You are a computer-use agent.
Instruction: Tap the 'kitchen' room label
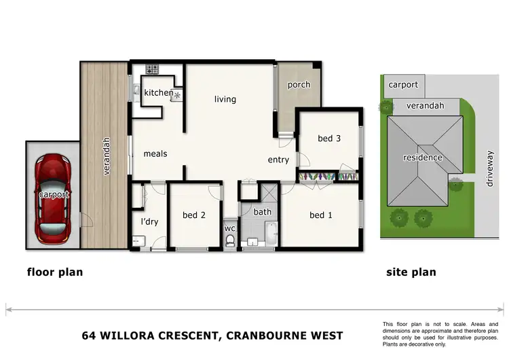click(x=158, y=93)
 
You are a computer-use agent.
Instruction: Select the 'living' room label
click(x=225, y=99)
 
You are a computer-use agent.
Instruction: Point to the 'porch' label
click(x=299, y=85)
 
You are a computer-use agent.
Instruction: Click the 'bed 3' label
click(x=329, y=139)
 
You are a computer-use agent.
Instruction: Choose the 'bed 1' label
click(x=321, y=215)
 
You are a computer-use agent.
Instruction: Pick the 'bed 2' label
click(x=194, y=215)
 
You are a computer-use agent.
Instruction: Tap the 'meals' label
click(x=155, y=154)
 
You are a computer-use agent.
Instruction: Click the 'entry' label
click(x=278, y=160)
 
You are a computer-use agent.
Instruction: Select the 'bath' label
click(x=263, y=212)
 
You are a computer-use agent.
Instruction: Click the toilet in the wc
click(x=230, y=241)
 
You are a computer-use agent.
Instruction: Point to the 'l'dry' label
click(x=149, y=222)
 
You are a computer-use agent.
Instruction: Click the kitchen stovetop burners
click(x=150, y=69)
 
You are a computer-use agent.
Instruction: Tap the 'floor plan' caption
click(x=55, y=272)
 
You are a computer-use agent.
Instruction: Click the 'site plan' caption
click(x=411, y=272)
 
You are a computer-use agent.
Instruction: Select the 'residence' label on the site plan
click(x=423, y=158)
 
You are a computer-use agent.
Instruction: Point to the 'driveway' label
click(x=491, y=169)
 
